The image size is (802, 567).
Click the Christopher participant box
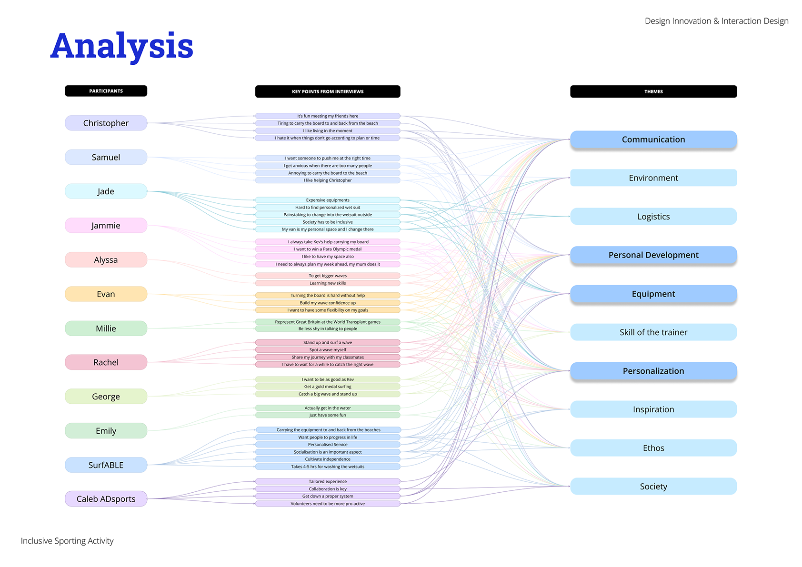point(106,123)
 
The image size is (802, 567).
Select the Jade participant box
point(106,191)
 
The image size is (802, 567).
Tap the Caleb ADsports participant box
point(106,499)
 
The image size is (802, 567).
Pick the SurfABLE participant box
point(106,465)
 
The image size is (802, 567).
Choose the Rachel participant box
point(106,362)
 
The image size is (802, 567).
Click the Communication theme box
point(653,139)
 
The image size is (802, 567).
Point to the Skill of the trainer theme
point(653,332)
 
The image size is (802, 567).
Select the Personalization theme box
point(653,371)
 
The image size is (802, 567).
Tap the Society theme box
point(653,487)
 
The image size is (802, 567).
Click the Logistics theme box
point(653,217)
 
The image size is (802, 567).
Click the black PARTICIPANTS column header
point(106,91)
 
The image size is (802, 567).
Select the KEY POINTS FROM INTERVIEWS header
point(328,91)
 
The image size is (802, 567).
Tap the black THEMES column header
point(653,91)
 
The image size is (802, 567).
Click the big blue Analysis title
point(122,47)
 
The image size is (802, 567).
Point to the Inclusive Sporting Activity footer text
point(67,541)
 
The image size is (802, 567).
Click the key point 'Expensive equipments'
point(328,200)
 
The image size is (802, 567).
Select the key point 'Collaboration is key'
point(328,489)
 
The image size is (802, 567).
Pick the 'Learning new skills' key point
point(328,283)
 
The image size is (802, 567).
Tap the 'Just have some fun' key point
point(328,415)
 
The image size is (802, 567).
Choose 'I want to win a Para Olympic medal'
point(328,249)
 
